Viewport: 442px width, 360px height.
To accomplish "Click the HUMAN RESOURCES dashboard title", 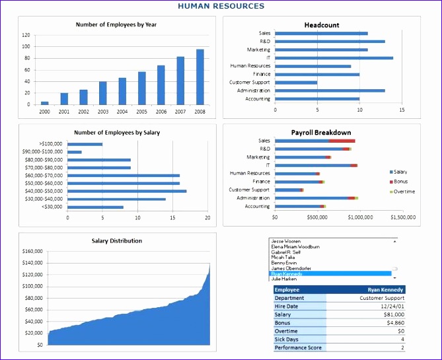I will (221, 6).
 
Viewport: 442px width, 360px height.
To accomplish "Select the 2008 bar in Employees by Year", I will (200, 77).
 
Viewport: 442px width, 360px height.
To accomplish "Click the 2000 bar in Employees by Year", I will (45, 102).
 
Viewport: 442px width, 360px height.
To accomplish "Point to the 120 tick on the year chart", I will (26, 35).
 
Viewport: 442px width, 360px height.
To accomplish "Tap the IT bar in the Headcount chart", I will (334, 57).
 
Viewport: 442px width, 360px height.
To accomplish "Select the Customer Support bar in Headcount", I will (296, 83).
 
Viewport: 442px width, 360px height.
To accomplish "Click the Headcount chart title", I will (322, 25).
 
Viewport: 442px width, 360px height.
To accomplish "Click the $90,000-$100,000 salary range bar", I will (75, 152).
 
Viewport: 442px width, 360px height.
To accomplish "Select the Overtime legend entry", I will (404, 192).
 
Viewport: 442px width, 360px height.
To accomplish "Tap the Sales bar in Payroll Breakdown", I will (314, 141).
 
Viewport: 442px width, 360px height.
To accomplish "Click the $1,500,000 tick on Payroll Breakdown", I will (402, 215).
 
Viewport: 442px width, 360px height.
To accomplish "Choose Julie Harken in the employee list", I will (286, 279).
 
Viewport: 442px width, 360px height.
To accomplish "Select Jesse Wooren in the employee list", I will (286, 242).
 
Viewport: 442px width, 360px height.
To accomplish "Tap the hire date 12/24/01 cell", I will (392, 306).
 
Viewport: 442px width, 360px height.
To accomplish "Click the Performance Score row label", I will (299, 347).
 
